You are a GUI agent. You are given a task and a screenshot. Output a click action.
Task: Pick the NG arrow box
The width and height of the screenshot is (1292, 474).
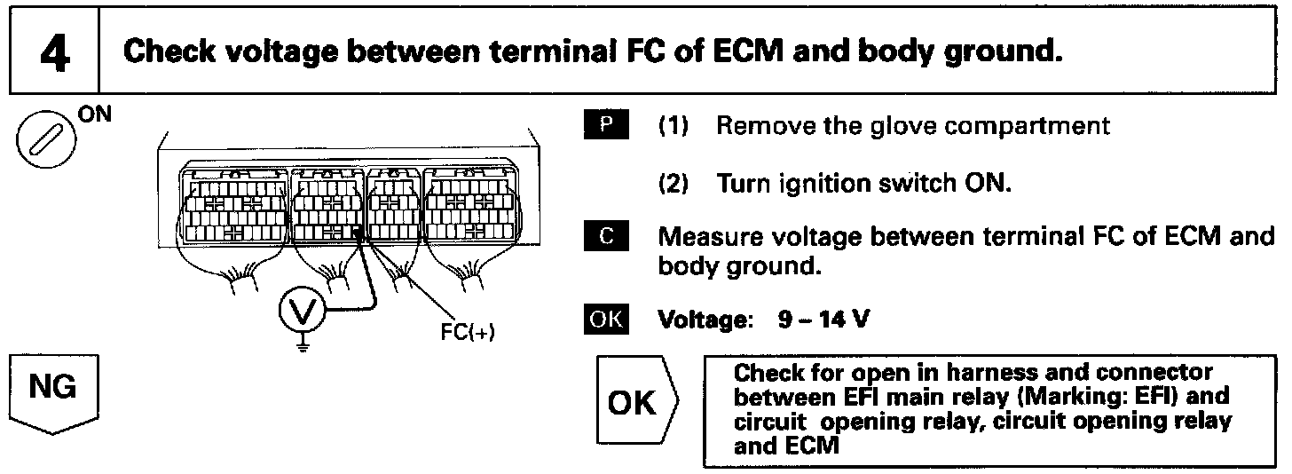[53, 391]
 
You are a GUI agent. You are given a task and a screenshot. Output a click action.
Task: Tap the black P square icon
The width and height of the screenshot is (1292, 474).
[607, 125]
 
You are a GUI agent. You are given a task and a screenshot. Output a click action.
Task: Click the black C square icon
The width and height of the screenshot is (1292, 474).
[607, 239]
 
